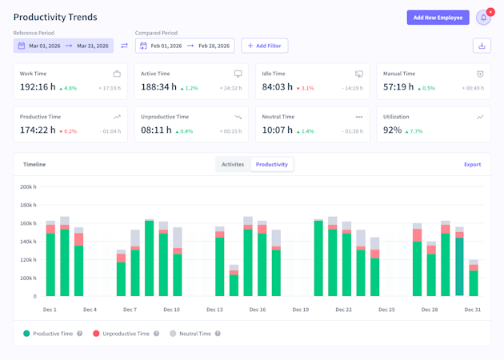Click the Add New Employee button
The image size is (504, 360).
point(438,18)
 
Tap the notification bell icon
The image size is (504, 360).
point(483,18)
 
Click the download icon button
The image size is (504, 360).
point(482,46)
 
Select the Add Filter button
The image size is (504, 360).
point(265,46)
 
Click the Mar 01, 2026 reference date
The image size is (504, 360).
point(44,46)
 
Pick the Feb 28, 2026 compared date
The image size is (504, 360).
point(214,46)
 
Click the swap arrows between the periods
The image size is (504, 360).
point(124,46)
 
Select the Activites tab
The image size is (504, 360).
point(233,164)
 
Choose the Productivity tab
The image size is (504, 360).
point(272,164)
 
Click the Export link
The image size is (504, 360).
point(472,164)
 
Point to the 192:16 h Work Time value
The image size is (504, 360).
point(38,86)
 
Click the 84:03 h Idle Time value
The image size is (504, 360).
point(278,86)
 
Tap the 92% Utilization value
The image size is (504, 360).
point(392,130)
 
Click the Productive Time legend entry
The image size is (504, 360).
point(52,334)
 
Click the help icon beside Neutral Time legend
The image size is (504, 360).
point(218,334)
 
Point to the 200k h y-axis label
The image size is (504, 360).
point(27,186)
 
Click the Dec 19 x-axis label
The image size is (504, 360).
point(300,310)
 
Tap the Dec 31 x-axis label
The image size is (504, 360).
point(472,310)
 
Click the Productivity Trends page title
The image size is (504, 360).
point(55,17)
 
